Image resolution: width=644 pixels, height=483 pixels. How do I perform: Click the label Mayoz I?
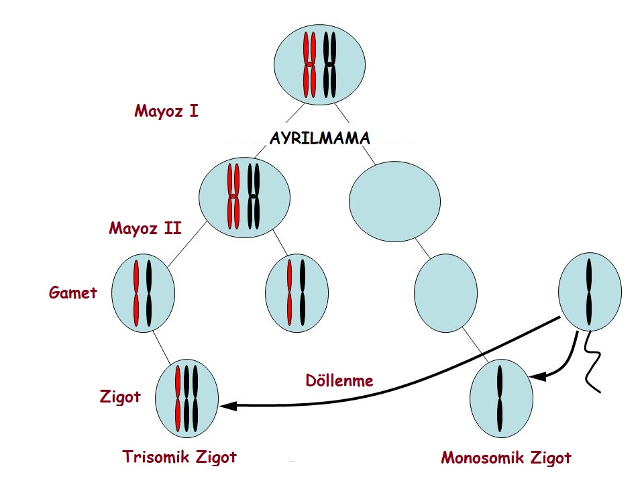point(166,110)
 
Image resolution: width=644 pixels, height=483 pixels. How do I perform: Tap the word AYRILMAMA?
point(319,138)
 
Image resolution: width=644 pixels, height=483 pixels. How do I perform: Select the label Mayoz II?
point(145,228)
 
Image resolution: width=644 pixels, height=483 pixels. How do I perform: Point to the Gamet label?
point(73,292)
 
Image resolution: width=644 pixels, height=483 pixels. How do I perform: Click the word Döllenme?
point(339,380)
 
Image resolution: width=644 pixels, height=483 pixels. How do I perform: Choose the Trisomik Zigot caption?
point(179,458)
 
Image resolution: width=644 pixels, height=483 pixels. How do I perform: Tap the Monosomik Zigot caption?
point(506,458)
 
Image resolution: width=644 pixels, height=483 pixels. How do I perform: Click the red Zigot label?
point(120,396)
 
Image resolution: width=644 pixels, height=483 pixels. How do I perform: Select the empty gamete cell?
point(445,293)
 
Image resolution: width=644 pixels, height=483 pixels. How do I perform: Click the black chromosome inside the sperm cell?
point(589,290)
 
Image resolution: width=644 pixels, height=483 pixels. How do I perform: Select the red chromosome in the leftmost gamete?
point(136,293)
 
